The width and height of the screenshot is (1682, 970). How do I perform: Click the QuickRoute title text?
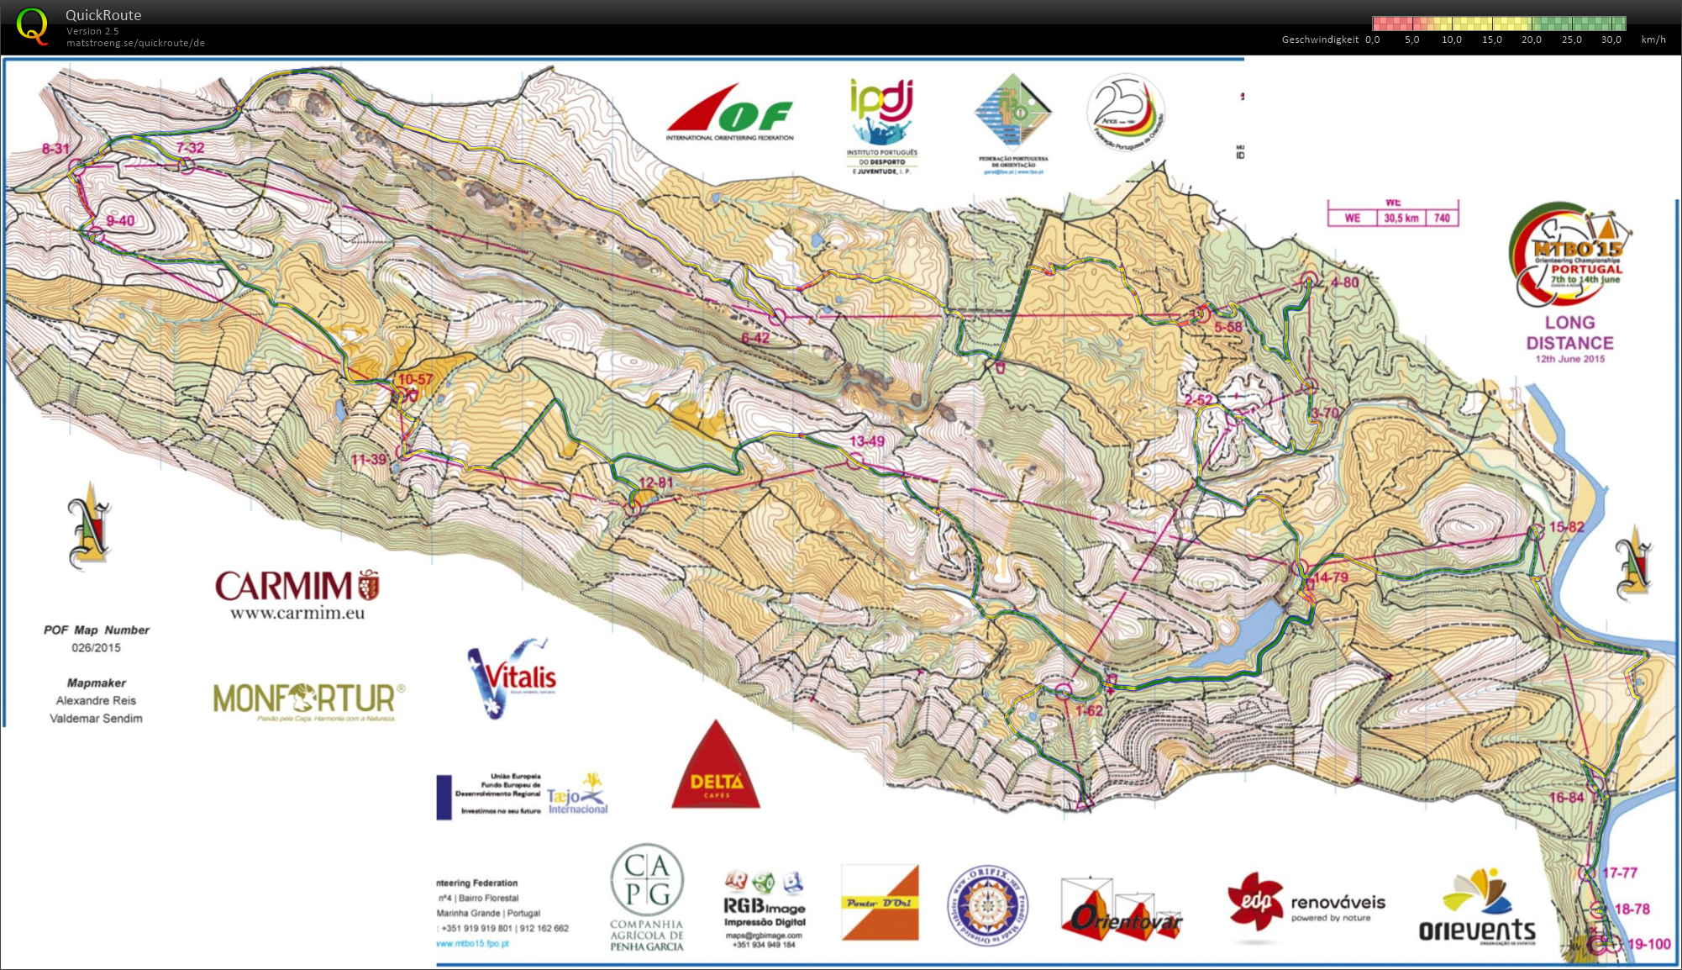coord(102,15)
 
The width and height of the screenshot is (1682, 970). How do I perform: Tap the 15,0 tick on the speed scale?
coord(1491,40)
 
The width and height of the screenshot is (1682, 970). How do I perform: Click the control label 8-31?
coord(55,149)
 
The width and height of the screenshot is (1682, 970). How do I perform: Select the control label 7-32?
coord(190,148)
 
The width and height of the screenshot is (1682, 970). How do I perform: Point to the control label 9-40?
coord(120,221)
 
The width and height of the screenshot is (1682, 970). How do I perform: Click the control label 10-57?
coord(415,380)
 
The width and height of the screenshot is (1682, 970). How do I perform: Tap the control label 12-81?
coord(655,482)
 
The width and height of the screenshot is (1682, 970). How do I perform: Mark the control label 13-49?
coord(866,441)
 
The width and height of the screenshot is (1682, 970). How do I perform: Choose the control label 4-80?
coord(1344,282)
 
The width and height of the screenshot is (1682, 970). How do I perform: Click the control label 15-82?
coord(1566,527)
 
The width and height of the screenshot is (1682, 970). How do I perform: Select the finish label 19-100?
coord(1649,944)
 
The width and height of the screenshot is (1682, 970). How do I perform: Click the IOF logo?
coord(729,113)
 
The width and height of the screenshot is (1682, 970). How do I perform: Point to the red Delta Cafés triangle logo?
coord(716,769)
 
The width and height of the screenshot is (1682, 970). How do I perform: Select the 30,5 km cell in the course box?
coord(1401,218)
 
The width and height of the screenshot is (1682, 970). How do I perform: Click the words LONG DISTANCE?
coord(1569,333)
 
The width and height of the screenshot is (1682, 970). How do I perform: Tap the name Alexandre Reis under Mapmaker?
coord(96,700)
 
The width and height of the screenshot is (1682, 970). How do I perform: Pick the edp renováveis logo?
coord(1306,905)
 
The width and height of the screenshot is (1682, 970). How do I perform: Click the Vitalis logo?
coord(512,677)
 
